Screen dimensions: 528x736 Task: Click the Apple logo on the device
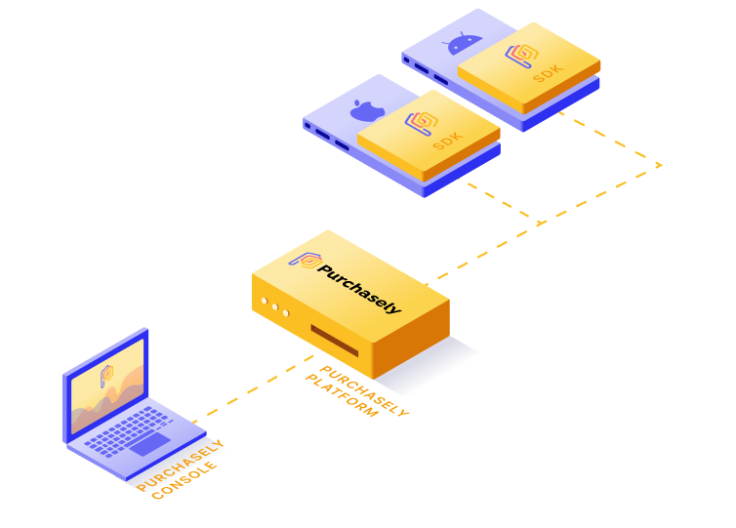364,108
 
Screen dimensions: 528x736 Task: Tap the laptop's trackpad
151,444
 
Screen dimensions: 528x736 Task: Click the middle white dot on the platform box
274,307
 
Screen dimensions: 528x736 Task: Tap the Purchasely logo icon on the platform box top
305,261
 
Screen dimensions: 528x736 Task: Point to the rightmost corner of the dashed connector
663,165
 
